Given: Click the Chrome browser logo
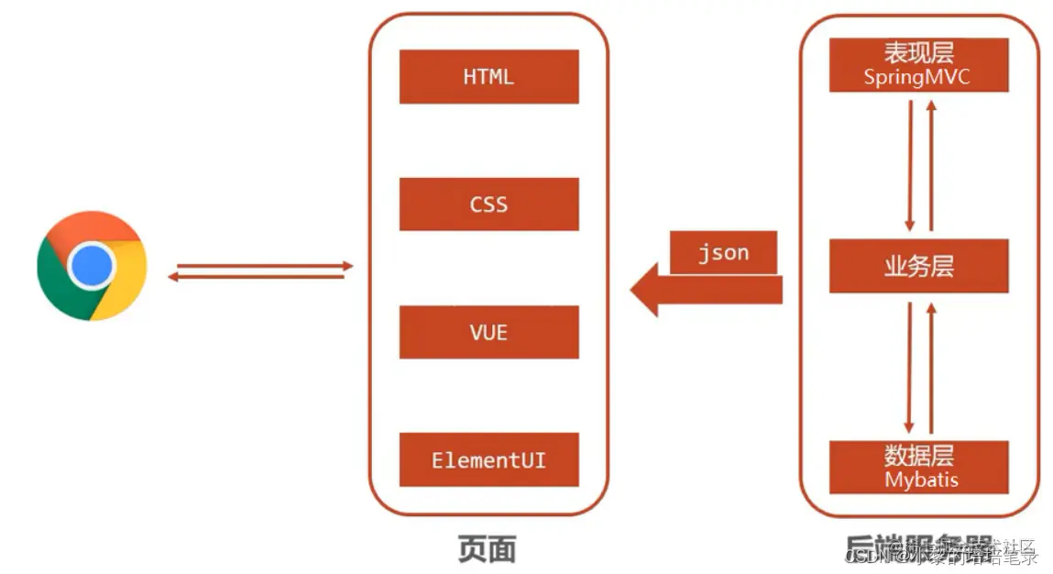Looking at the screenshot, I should click(92, 266).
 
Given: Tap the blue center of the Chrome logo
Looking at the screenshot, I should click(92, 266).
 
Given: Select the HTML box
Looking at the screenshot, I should click(488, 77).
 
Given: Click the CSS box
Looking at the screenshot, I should click(488, 204).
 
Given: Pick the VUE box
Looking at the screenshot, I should click(488, 332).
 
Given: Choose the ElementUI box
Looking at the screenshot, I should click(488, 459).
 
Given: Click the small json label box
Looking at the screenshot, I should click(723, 253).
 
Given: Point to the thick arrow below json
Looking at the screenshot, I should click(706, 291).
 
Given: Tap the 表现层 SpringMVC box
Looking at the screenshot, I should click(918, 64).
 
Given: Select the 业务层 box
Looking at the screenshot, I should click(918, 266).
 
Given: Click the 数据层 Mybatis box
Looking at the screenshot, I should click(918, 467).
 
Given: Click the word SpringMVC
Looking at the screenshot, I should click(916, 77).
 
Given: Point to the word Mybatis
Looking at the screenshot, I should click(921, 480).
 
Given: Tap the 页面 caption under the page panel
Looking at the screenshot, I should click(487, 548).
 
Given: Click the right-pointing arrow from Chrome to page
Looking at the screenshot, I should click(262, 266).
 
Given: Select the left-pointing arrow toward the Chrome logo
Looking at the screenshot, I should click(257, 276).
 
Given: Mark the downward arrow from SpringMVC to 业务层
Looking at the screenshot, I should click(910, 165).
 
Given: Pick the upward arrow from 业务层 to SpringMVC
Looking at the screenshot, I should click(931, 165).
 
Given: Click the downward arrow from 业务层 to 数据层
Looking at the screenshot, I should click(910, 367).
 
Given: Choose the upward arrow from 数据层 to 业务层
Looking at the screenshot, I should click(931, 367).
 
